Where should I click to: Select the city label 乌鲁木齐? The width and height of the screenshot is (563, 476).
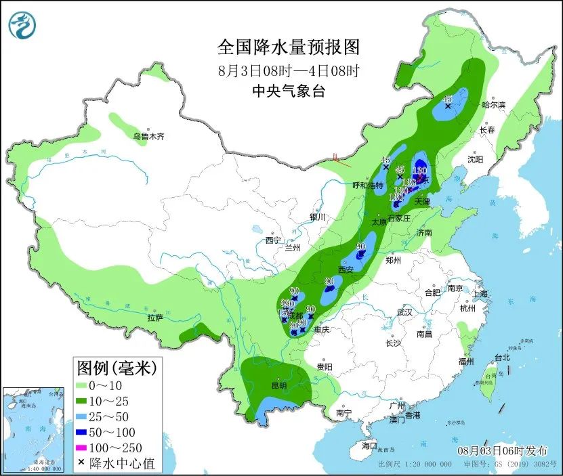point(148,136)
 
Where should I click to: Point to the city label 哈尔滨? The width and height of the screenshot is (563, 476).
point(493,105)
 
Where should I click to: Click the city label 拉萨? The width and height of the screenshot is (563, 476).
point(154,317)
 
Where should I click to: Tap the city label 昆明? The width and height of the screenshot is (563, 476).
point(278,386)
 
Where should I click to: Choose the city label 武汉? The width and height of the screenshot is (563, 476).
point(405,313)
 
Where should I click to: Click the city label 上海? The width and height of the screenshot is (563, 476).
point(480,294)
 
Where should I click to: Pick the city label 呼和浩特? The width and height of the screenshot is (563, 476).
point(369,186)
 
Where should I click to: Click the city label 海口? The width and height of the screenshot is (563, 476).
point(369,446)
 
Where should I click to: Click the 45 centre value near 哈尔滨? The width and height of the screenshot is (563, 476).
point(447,100)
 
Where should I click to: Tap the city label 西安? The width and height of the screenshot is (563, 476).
point(346,269)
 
